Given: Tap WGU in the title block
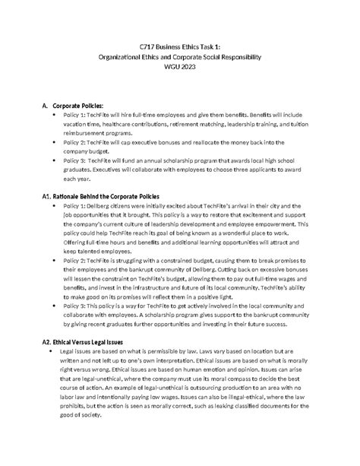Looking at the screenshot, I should pyautogui.click(x=170, y=67).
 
